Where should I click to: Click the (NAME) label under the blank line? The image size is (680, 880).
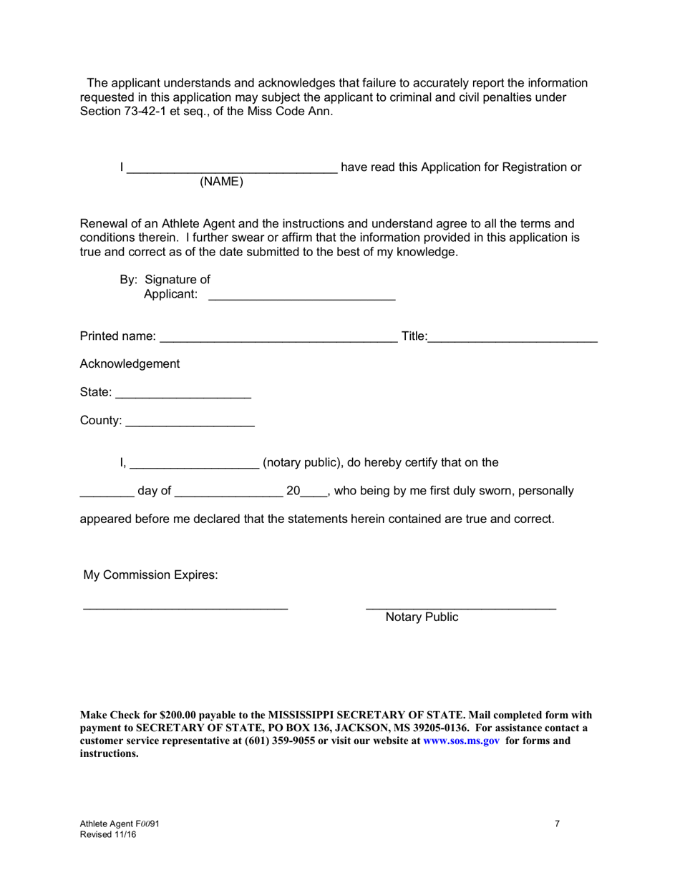[x=221, y=182]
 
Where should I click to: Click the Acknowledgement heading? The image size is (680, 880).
[x=130, y=364]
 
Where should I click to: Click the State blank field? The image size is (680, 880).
[x=183, y=393]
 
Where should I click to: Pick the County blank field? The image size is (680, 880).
[x=190, y=422]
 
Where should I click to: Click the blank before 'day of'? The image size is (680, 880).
[x=106, y=492]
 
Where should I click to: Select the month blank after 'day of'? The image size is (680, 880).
[x=228, y=492]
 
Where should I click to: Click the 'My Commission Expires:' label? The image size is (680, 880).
[x=151, y=575]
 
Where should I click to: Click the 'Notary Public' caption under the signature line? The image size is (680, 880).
[x=422, y=617]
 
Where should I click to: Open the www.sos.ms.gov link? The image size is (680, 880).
[x=461, y=740]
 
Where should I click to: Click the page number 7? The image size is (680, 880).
[x=558, y=823]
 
